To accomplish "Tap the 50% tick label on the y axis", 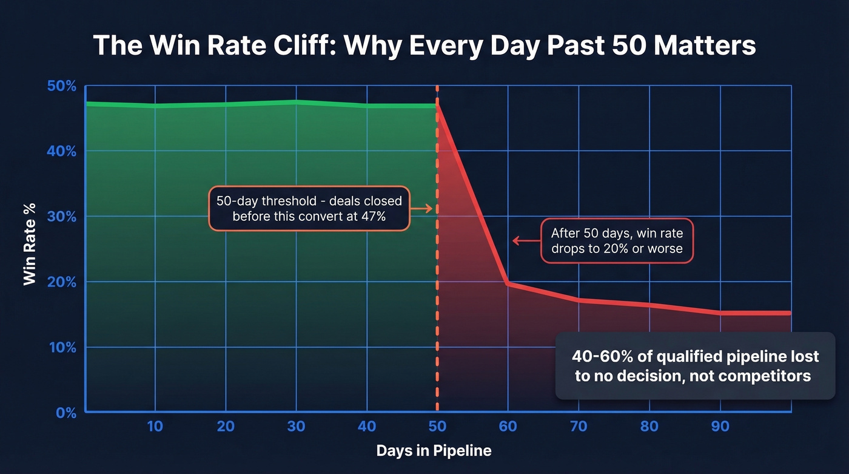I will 62,86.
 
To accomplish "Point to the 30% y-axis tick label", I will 62,217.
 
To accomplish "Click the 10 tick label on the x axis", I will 155,427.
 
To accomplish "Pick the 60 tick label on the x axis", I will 508,427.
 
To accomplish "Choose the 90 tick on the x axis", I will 720,427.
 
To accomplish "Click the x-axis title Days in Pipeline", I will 434,451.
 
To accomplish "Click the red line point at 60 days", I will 508,283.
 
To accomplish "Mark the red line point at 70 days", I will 579,300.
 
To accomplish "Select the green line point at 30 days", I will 296,102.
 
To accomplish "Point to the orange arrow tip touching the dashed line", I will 431,209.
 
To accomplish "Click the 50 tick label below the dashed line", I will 437,427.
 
